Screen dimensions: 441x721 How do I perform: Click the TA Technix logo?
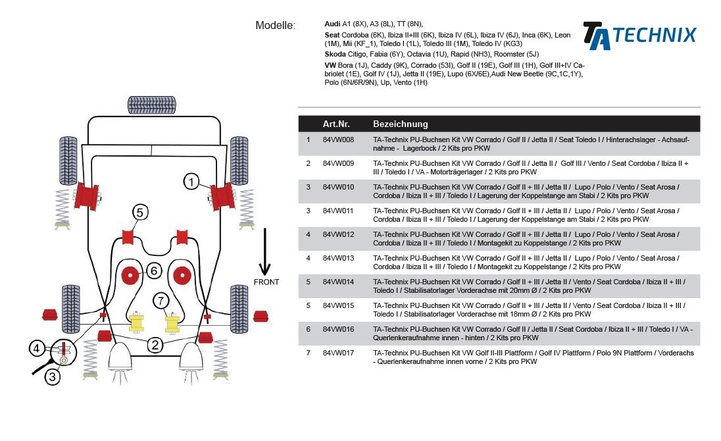(639, 36)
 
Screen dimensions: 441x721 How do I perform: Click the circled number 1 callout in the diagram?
(191, 182)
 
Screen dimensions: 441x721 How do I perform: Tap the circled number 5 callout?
(140, 213)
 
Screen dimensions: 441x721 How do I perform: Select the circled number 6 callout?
(153, 271)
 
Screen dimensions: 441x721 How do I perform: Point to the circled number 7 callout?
(161, 301)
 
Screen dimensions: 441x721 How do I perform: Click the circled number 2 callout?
(155, 344)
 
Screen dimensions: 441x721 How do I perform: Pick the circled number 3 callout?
(53, 377)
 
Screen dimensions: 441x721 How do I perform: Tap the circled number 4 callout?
(37, 348)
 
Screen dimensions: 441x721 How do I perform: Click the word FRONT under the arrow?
(266, 282)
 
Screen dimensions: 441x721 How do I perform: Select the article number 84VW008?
(338, 140)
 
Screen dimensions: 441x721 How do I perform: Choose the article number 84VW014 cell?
(338, 282)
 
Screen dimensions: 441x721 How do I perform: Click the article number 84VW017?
(338, 353)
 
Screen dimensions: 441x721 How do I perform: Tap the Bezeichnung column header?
(400, 124)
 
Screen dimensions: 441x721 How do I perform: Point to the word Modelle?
(275, 26)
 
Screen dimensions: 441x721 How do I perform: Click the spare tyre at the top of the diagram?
(152, 105)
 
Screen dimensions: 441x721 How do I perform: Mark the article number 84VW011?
(338, 211)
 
